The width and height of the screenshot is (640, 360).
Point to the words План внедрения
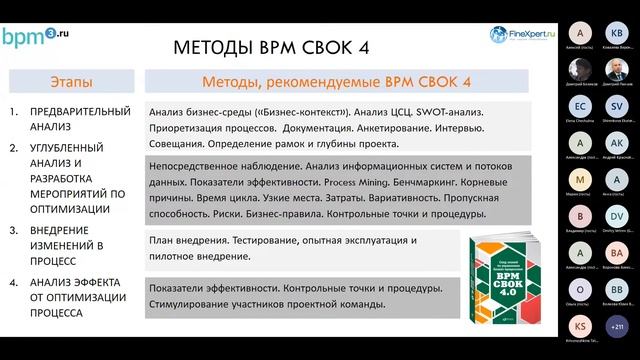187,242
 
